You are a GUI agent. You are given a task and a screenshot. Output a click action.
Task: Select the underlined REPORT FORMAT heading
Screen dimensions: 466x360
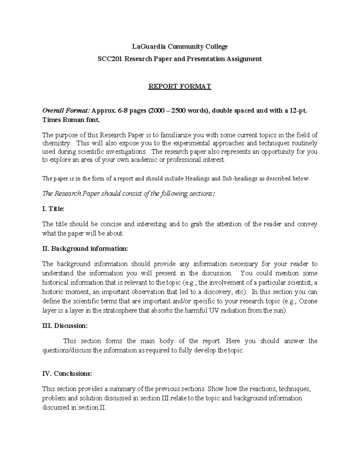(x=180, y=86)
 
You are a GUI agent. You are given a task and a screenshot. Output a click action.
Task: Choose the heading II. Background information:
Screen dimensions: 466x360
(x=85, y=249)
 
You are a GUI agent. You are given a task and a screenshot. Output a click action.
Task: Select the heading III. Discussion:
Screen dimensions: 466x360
(x=65, y=326)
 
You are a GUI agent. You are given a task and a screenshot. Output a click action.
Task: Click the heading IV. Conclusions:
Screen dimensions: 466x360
(x=67, y=374)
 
